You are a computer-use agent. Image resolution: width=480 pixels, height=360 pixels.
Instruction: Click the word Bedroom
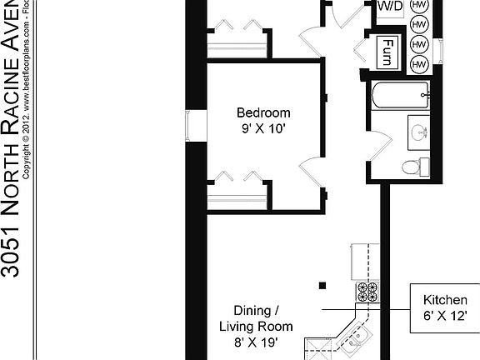pyautogui.click(x=263, y=112)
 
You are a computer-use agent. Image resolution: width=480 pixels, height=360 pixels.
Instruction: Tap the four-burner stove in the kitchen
pyautogui.click(x=367, y=292)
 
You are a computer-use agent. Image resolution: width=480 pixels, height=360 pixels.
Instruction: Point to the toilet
pyautogui.click(x=412, y=167)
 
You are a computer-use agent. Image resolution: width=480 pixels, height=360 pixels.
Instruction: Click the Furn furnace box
pyautogui.click(x=388, y=55)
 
